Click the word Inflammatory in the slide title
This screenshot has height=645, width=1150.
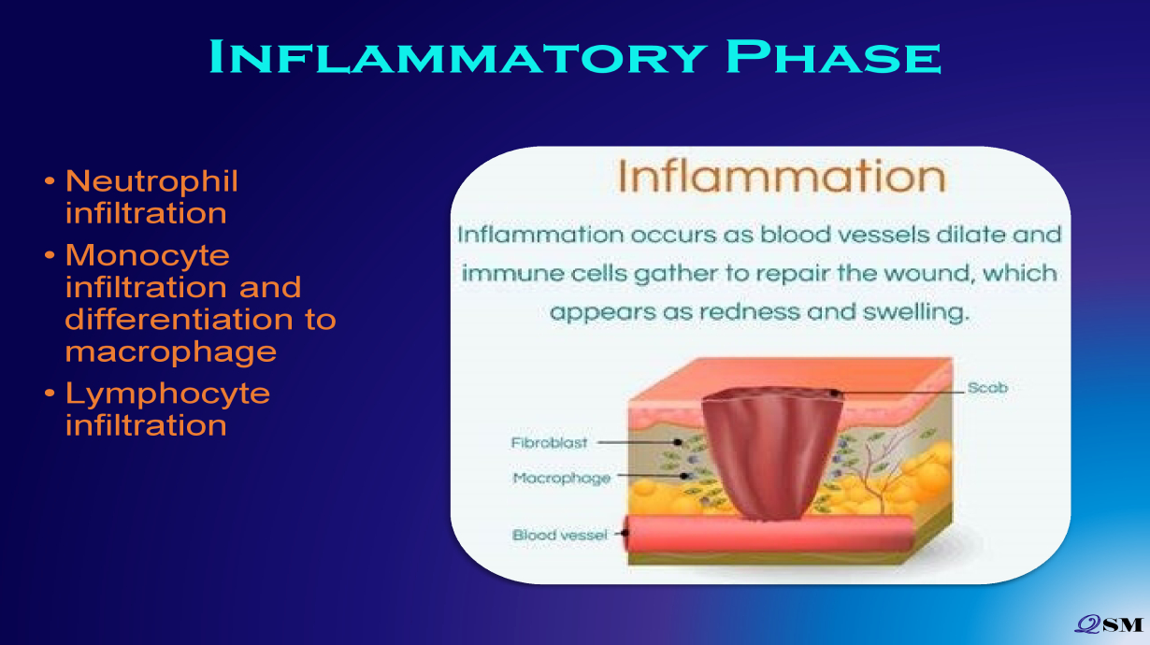coord(458,56)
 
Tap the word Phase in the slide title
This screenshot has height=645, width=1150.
coord(834,56)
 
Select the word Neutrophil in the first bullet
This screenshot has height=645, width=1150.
coord(151,180)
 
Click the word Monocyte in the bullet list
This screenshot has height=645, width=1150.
coord(148,255)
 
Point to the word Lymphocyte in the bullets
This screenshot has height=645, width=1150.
coord(167,394)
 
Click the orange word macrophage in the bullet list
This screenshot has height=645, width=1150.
coord(171,352)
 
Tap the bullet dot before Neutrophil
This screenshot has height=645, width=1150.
coord(50,180)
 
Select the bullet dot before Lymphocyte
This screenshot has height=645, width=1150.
coord(50,394)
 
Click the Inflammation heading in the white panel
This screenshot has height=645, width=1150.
coord(782,176)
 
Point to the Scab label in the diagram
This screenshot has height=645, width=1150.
coord(987,387)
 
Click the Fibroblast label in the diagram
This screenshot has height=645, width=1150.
coord(549,442)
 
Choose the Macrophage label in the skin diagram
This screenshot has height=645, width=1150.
coord(562,479)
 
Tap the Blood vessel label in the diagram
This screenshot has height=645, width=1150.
coord(560,536)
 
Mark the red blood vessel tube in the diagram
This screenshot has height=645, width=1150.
coord(768,534)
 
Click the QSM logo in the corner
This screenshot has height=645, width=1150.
coord(1109,623)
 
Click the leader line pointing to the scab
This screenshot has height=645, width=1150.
coord(898,393)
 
